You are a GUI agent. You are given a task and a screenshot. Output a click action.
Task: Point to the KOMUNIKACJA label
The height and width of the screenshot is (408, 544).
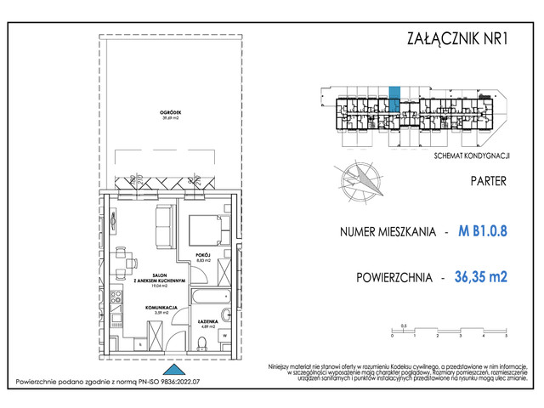(160, 307)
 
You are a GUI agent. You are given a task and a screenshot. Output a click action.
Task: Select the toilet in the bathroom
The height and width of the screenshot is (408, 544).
(202, 343)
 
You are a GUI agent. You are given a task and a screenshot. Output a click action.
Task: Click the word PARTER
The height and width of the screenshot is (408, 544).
(488, 181)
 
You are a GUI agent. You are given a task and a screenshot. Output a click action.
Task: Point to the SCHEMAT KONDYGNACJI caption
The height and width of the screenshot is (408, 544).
(471, 156)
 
